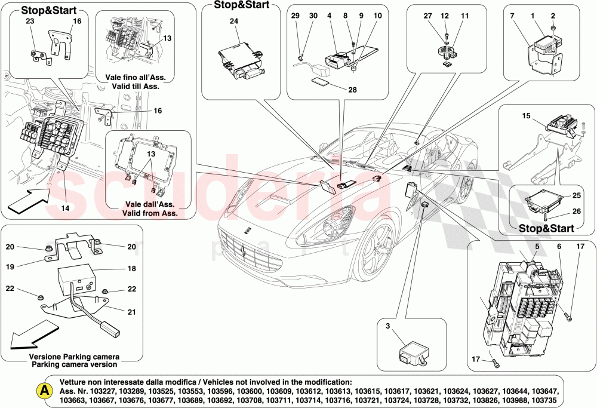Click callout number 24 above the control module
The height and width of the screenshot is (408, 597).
tap(233, 22)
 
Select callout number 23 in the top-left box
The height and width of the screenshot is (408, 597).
tap(30, 22)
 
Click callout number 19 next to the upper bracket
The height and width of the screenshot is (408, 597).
tap(10, 267)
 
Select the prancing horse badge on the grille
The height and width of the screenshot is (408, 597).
tap(244, 251)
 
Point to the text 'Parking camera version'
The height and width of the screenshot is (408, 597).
tap(75, 364)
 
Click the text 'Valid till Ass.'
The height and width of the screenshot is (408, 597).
tap(139, 86)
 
